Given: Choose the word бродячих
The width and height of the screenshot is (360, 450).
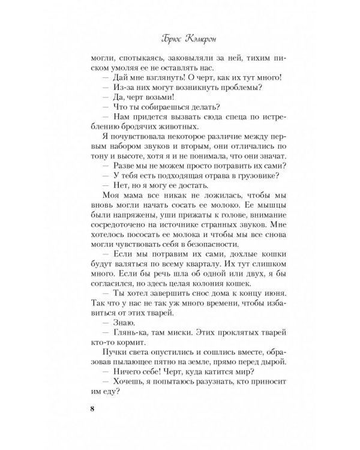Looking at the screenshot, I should [x=129, y=133].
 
